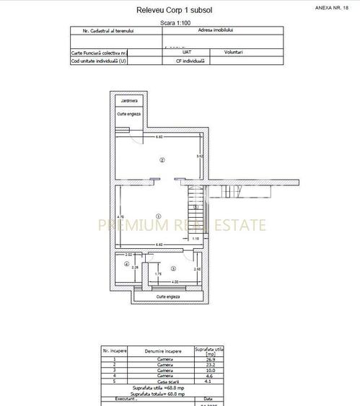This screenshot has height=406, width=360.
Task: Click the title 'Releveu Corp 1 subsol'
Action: pos(180,10)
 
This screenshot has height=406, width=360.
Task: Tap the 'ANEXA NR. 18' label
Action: pos(333,6)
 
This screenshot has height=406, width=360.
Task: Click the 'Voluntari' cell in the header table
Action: pos(233,53)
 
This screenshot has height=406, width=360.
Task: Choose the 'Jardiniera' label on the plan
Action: pos(129,100)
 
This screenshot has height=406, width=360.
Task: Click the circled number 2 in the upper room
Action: pos(162,160)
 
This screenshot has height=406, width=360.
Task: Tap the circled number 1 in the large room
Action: pos(158,210)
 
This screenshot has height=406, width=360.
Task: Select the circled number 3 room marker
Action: pos(173,268)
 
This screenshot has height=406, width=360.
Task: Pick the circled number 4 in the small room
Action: pos(126,265)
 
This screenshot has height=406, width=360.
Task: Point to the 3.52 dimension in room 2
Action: pos(200,156)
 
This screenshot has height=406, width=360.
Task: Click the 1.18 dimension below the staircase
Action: pos(195,238)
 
